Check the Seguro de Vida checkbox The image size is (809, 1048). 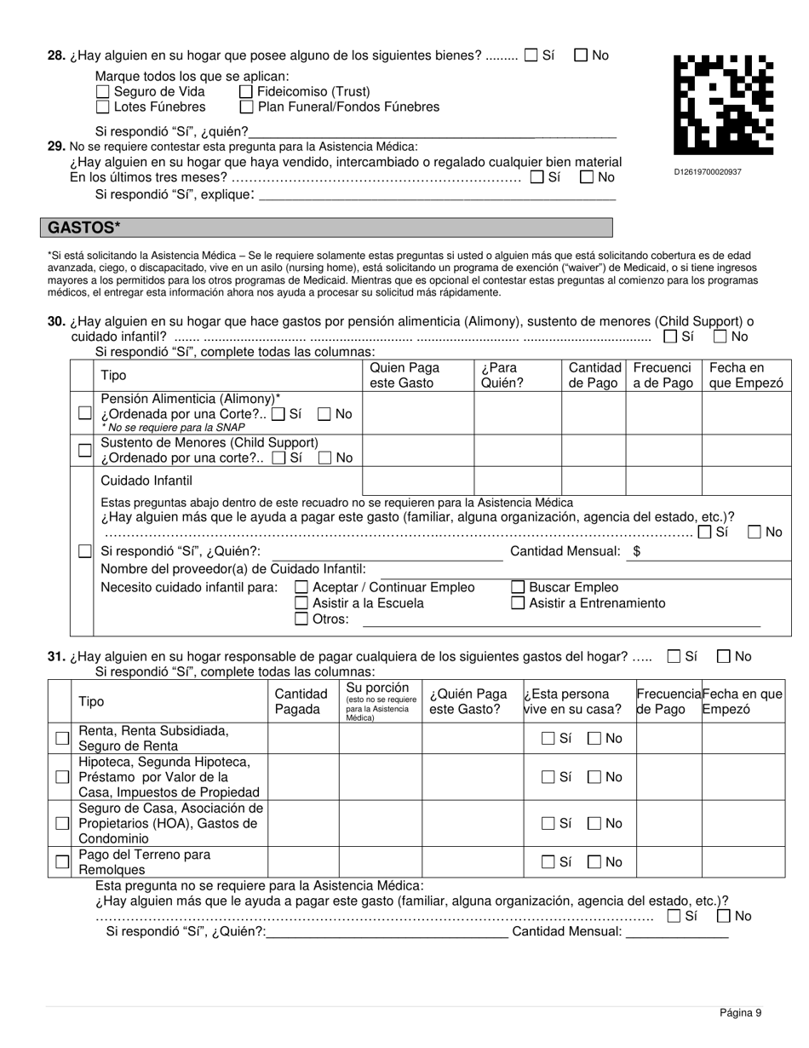(x=103, y=92)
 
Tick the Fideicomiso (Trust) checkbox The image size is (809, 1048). (x=246, y=92)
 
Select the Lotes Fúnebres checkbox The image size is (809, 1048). (x=103, y=107)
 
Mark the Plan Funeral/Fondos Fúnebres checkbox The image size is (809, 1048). (x=246, y=107)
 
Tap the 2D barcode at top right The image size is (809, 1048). (x=724, y=104)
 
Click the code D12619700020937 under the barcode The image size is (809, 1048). (x=708, y=172)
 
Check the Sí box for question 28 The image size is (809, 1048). (x=531, y=55)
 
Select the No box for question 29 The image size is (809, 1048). (x=587, y=177)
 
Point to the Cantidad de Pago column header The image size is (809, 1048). (x=594, y=375)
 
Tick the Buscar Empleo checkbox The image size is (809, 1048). (x=518, y=587)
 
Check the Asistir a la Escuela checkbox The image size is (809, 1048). (x=301, y=603)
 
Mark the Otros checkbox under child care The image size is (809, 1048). (x=301, y=619)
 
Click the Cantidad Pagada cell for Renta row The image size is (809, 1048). (x=303, y=739)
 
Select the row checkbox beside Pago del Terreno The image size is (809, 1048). (x=62, y=861)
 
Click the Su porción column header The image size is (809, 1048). (x=380, y=701)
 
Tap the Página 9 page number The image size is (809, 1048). (x=740, y=1012)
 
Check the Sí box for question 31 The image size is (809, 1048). (x=674, y=657)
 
